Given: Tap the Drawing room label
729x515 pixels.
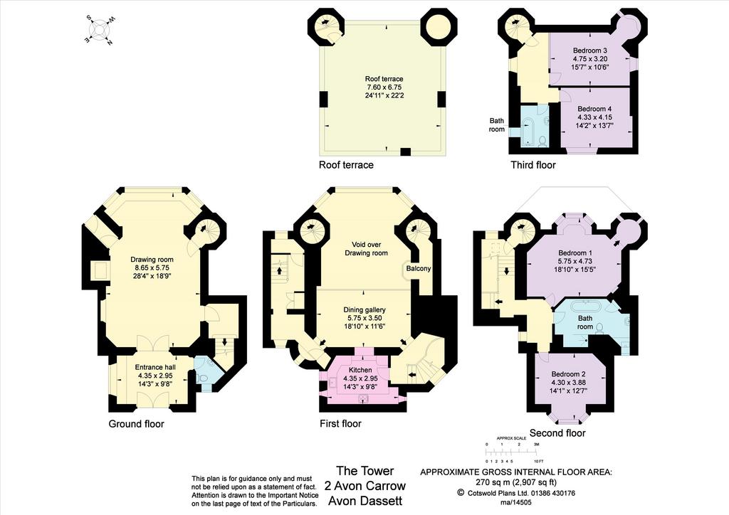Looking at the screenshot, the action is pos(152,260).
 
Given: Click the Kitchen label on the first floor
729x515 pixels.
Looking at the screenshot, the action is pos(360,370).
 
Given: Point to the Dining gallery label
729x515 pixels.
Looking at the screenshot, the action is pos(364,309).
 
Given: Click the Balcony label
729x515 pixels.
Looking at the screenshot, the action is pos(419,268).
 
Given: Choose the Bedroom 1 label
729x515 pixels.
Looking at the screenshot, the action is pos(572,253).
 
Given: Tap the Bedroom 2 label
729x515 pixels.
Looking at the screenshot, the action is pos(568,374).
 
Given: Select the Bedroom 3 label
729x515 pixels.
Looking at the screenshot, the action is pos(590,51).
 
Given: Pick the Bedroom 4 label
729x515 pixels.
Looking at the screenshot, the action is pos(594,109).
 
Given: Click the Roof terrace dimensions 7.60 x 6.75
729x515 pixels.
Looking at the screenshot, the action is pos(384,87).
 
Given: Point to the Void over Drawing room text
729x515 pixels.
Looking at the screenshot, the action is pos(366,248).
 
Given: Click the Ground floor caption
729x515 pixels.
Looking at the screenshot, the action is pos(136,423).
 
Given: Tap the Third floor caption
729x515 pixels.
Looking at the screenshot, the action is pos(533,165).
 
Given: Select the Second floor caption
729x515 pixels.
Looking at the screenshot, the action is pos(557,432).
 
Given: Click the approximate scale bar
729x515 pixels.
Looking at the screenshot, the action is pos(511,451).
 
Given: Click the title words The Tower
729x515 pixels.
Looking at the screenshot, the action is pos(365,471).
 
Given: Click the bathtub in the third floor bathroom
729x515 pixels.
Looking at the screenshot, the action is pos(528,131).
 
